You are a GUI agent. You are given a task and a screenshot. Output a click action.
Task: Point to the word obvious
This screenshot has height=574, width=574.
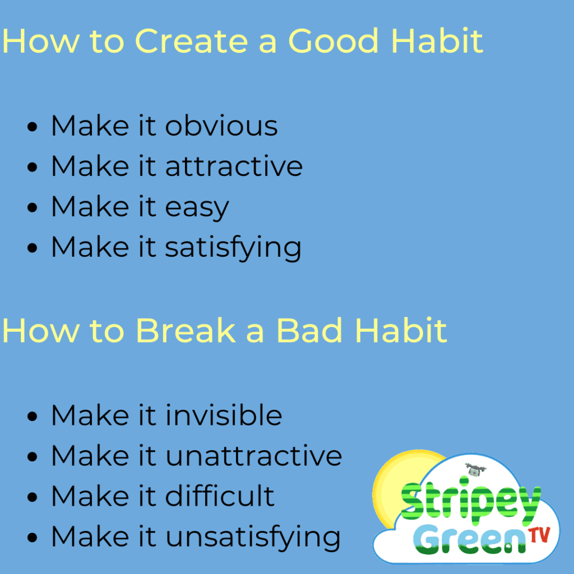click(221, 126)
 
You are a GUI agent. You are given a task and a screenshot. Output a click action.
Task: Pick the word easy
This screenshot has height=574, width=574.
click(197, 208)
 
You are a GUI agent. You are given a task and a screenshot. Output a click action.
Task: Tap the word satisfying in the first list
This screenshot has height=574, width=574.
click(233, 248)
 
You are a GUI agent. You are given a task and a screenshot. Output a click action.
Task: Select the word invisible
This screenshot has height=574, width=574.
click(224, 415)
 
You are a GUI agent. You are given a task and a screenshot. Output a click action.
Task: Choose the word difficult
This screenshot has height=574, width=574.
click(220, 496)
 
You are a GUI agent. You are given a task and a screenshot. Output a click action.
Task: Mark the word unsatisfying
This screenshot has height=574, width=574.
click(253, 538)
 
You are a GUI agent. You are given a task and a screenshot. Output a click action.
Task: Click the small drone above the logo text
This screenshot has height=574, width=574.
click(475, 470)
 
